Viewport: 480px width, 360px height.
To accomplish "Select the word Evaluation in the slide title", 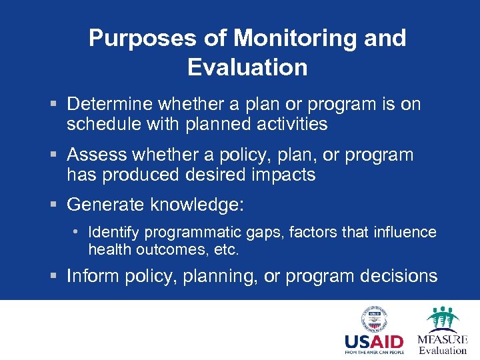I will coord(247,67).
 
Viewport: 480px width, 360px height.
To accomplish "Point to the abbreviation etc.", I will coord(227,251).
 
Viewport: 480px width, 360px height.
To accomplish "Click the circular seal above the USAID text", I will coord(373,319).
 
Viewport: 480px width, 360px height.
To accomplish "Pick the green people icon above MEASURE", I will coord(442,318).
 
